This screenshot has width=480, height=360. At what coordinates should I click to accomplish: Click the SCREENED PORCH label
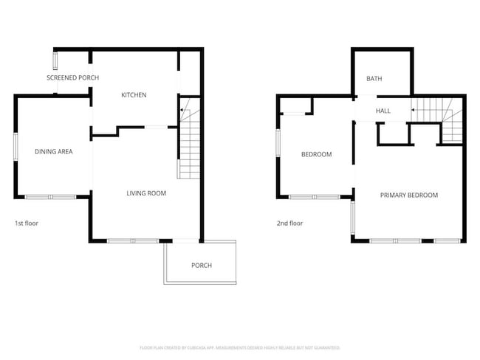(72, 77)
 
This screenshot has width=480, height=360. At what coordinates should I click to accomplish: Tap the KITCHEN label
(134, 95)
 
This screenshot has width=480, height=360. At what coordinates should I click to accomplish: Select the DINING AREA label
(53, 152)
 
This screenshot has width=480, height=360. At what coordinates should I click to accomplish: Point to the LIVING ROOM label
(145, 193)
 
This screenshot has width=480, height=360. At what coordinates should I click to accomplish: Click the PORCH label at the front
(201, 266)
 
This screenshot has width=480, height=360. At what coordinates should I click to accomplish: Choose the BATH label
(374, 79)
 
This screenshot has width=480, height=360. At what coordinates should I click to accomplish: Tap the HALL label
(383, 111)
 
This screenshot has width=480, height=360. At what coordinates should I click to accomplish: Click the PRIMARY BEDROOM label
(408, 195)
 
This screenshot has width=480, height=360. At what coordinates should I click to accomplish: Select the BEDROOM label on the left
(316, 155)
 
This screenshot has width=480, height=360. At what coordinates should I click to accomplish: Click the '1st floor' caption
(26, 223)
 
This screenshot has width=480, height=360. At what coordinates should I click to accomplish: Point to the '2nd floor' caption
(289, 223)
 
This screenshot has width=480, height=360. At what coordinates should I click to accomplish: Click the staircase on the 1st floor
(189, 148)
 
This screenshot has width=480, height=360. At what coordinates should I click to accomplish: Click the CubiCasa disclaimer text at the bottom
(240, 347)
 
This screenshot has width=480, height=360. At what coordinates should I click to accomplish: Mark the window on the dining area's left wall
(16, 145)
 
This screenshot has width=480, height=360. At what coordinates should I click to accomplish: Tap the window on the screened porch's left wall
(55, 59)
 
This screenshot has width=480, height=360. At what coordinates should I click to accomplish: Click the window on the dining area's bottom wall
(50, 197)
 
